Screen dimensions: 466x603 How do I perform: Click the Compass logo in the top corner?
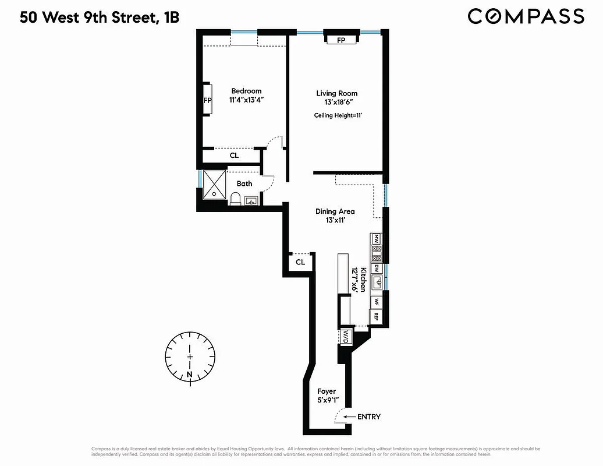526,16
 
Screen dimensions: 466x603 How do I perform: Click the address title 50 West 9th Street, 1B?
100,17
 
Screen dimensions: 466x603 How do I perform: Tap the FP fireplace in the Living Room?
341,40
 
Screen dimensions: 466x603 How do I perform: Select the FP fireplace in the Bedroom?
207,100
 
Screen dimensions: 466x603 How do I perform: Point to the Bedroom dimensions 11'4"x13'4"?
246,100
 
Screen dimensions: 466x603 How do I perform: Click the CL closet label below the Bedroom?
234,156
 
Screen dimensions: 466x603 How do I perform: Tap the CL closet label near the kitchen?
300,262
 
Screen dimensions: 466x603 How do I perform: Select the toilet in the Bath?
236,199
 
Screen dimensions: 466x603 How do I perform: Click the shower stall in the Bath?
214,185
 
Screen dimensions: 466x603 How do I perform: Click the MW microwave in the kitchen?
377,239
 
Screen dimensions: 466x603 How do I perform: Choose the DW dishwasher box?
377,269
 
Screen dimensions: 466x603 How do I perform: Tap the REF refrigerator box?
377,316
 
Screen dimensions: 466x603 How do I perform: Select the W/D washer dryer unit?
346,336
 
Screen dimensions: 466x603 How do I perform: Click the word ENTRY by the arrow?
369,416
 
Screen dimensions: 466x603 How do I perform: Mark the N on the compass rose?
190,374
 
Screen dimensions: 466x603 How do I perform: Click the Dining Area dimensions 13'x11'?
335,220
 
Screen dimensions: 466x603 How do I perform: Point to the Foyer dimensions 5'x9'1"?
327,400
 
